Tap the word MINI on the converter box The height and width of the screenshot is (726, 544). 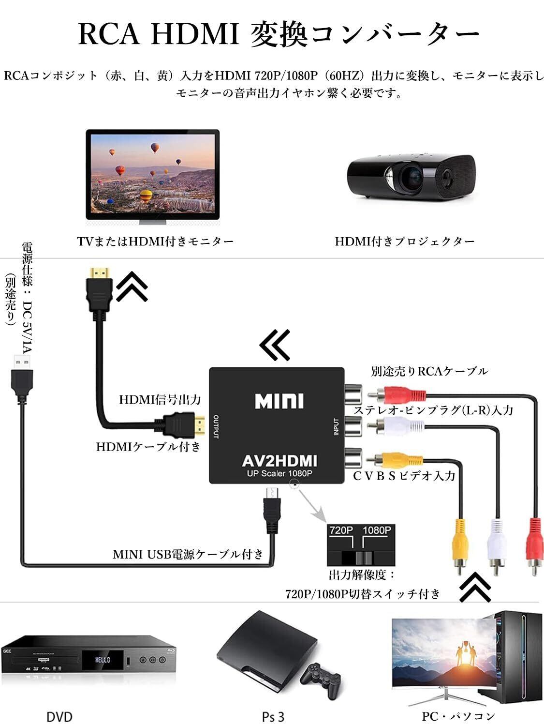point(279,401)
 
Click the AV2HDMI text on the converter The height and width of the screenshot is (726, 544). point(279,460)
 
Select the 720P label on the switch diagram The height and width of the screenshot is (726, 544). point(341,530)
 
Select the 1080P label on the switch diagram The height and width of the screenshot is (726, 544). point(377,530)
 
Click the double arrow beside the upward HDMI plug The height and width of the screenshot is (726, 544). point(132,286)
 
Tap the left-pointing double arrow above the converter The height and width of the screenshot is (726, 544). point(275,345)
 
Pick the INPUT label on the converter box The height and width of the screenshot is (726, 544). point(336,426)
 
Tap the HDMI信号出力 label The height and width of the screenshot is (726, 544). point(160,400)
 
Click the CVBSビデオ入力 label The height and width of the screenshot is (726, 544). point(404,476)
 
